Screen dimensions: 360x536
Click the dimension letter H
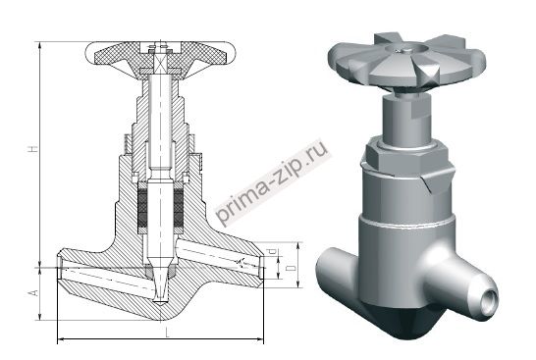33,149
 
